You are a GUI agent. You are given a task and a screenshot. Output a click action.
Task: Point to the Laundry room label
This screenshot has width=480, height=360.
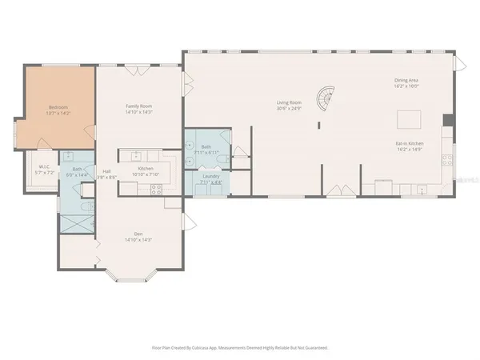[210, 176]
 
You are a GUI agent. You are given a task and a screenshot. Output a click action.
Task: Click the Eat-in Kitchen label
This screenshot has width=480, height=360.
[409, 144]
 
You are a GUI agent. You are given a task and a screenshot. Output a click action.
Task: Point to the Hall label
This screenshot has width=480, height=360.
[106, 170]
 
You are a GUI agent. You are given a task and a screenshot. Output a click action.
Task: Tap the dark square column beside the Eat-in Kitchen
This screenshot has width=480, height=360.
[448, 121]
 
